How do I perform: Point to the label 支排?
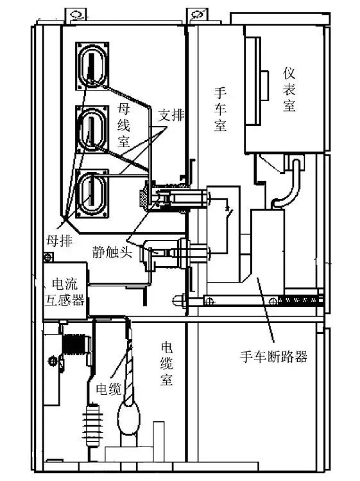point(171,116)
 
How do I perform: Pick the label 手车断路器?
point(273,356)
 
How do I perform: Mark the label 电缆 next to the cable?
point(108,390)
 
